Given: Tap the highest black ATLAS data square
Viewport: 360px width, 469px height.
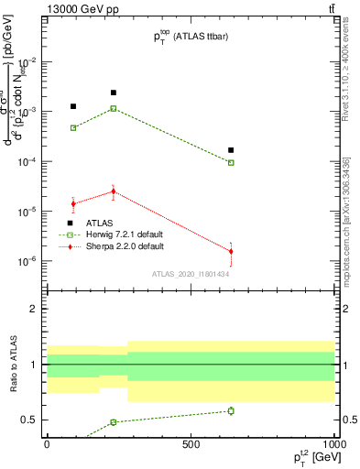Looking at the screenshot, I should point(114,93).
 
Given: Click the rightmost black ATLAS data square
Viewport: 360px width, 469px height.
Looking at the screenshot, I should point(231,149).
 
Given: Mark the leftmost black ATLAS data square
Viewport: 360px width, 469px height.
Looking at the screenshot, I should point(73,106).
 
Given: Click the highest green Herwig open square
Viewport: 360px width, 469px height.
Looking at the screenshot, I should point(114,108).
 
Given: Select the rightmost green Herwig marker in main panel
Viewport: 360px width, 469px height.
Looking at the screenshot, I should point(231,162).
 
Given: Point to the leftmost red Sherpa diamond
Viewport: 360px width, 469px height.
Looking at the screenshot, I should point(73,203).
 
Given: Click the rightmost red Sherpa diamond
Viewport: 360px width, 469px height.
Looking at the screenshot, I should point(231,251).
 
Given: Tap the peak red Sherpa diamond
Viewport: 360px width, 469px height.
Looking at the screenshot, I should point(114,191).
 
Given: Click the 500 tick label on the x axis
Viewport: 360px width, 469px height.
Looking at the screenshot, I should point(190,444).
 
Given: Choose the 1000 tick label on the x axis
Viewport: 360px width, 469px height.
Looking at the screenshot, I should point(333,444).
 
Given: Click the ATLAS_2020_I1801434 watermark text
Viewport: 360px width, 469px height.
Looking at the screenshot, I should point(190,274).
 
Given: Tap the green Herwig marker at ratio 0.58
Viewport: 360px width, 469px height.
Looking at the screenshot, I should point(231,410).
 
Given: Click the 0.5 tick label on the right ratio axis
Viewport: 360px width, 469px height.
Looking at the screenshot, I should point(347,420).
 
